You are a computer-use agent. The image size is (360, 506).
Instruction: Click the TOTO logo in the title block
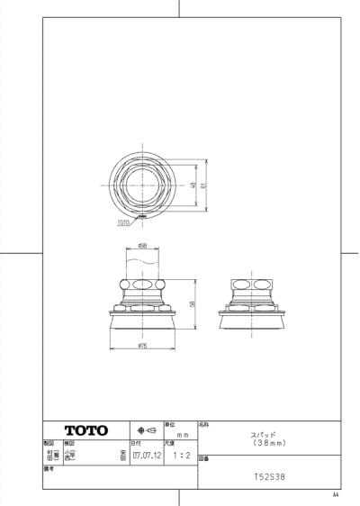pyautogui.click(x=85, y=429)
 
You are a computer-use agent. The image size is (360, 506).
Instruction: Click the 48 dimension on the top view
pyautogui.click(x=192, y=185)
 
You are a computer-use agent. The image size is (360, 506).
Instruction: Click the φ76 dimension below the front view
pyautogui.click(x=143, y=346)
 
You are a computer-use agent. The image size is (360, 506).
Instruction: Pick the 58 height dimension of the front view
pyautogui.click(x=193, y=303)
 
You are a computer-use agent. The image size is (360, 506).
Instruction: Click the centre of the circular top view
pyautogui.click(x=143, y=185)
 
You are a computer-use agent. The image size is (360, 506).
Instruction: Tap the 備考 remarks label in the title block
pyautogui.click(x=49, y=469)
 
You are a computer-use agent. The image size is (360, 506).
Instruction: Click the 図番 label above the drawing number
pyautogui.click(x=202, y=457)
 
